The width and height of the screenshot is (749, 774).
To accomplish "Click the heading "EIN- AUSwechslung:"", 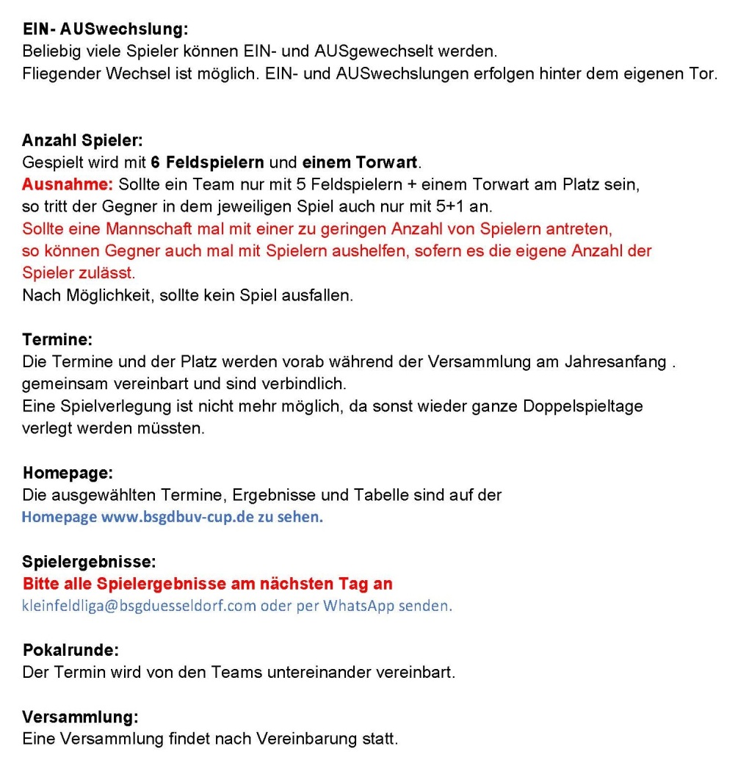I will (x=106, y=30).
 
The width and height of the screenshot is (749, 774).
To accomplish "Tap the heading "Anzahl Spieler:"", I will (x=82, y=140).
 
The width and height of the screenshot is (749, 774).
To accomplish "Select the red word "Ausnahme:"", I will (x=67, y=184).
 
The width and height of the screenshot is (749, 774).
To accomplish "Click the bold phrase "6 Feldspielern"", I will (x=208, y=162).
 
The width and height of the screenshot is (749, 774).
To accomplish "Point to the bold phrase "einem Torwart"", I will (x=360, y=162).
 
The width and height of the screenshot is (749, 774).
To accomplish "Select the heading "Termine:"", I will (x=57, y=340).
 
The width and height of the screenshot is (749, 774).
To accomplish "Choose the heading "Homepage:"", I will (x=68, y=472).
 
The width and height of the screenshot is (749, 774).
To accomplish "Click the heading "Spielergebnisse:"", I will (x=89, y=562).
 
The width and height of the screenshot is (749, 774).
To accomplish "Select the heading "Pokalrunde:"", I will (x=70, y=650).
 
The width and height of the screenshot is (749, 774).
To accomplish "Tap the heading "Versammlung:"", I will (x=80, y=717).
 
